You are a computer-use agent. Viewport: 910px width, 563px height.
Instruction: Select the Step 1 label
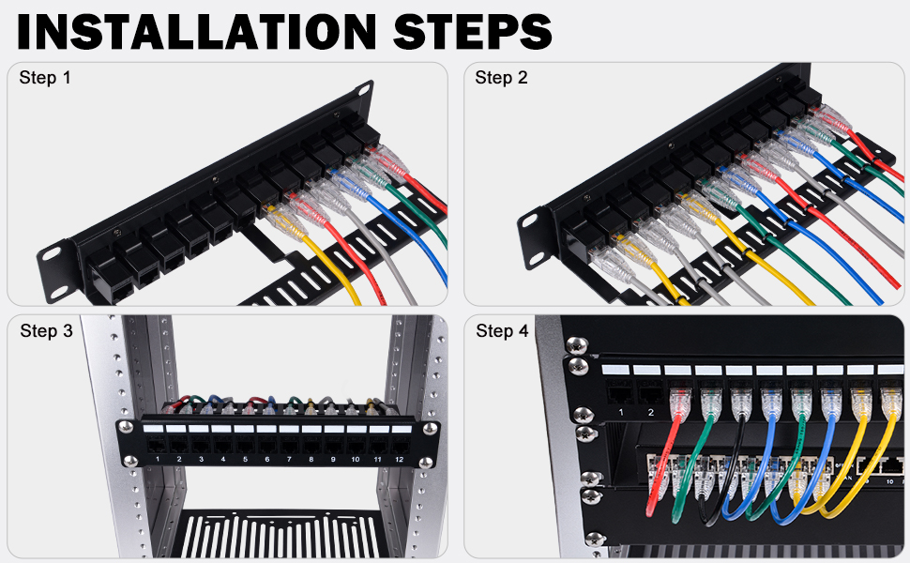pos(45,77)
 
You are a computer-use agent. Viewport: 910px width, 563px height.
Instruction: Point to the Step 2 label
pos(501,77)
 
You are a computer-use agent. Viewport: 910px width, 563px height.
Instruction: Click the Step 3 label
pos(46,331)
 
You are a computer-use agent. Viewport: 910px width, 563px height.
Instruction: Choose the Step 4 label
pos(503,331)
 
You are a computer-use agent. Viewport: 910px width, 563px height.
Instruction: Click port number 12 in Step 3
pos(399,459)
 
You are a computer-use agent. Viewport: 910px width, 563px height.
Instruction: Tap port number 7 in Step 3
pos(289,459)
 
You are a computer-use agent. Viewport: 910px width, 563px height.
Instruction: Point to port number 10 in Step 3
pos(355,459)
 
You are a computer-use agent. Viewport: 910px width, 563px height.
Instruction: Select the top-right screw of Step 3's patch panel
pos(430,428)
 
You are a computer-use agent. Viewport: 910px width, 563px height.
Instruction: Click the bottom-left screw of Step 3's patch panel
pos(130,462)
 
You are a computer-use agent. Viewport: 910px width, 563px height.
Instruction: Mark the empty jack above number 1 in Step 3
pos(157,446)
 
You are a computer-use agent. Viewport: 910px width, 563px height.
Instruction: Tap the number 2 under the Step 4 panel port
pos(650,413)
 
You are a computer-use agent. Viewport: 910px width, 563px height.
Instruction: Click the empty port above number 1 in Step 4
pos(620,394)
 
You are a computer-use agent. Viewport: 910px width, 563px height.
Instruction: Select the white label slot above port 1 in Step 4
pos(615,370)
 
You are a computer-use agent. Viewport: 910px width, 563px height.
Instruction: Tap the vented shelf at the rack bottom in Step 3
pos(280,534)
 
